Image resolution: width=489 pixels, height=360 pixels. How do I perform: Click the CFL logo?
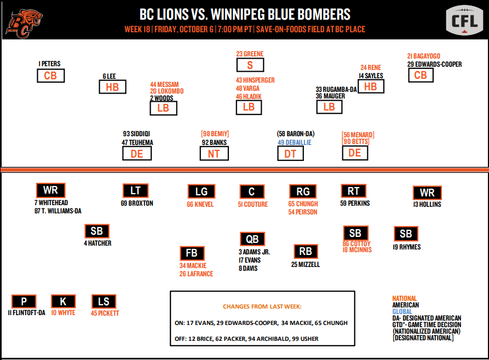(x=464, y=21)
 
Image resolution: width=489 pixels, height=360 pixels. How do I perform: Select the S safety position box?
(x=250, y=65)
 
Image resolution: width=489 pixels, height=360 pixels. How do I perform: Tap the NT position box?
(x=214, y=154)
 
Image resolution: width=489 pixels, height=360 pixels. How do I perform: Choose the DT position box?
(x=290, y=154)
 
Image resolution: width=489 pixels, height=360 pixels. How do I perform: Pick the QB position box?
(x=252, y=239)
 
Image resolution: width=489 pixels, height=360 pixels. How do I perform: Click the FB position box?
(x=192, y=253)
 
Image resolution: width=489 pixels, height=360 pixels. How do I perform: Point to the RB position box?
(x=306, y=251)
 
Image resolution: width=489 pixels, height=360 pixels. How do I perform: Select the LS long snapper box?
(x=103, y=301)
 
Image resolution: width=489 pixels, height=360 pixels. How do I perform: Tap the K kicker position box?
(x=63, y=301)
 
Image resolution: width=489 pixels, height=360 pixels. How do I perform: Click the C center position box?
(x=252, y=191)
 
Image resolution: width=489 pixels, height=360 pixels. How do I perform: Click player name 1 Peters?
(x=49, y=64)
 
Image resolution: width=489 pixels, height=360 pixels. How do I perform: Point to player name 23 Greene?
(x=250, y=54)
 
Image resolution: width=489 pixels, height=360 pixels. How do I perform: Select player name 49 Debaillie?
(x=294, y=142)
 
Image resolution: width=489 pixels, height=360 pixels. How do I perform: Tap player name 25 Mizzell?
(x=306, y=264)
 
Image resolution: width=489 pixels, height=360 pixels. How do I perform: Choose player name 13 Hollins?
(x=428, y=205)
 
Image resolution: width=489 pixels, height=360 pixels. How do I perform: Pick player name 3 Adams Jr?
(x=254, y=252)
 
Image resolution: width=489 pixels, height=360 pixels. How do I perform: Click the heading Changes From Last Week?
(x=262, y=306)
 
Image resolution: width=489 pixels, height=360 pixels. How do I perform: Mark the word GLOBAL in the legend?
(x=402, y=311)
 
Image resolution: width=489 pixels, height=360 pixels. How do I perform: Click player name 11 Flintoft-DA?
(x=25, y=313)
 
